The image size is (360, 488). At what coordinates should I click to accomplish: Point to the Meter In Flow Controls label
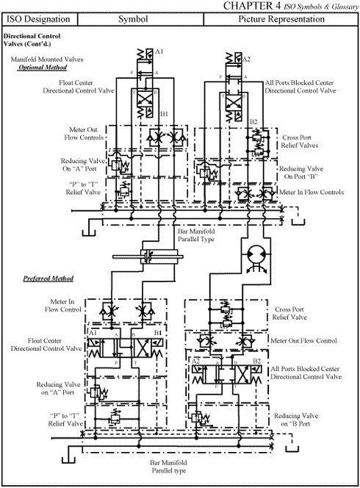click(312, 193)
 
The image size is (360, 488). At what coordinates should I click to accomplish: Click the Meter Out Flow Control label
click(304, 340)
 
